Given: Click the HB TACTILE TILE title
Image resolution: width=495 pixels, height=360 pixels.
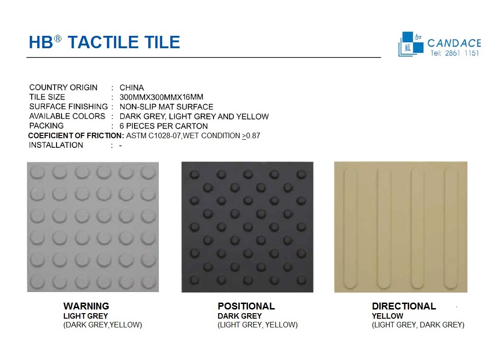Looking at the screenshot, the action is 105,42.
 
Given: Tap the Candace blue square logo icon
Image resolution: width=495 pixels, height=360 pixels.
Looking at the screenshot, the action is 411,44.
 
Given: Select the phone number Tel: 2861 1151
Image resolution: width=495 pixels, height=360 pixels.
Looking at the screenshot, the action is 455,53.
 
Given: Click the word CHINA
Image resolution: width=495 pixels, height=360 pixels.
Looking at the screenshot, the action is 132,87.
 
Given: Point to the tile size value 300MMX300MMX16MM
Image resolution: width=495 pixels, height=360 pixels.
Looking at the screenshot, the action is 161,97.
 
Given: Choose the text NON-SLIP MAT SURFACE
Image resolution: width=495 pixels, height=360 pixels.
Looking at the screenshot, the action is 166,107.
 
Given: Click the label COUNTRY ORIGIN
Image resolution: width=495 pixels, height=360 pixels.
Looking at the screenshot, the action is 63,87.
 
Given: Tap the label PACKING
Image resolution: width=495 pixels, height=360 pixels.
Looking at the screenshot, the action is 46,126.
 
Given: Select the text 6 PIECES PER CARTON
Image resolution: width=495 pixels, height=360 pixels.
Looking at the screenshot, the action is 163,126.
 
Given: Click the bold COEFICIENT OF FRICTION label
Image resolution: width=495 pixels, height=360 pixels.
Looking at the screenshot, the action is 76,135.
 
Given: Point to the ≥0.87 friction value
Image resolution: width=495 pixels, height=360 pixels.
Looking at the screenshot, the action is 251,136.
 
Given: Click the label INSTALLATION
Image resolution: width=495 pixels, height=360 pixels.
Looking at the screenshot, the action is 56,145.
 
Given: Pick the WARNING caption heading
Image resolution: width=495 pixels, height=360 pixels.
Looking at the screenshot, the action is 86,306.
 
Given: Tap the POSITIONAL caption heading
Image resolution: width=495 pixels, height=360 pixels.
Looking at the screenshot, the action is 246,306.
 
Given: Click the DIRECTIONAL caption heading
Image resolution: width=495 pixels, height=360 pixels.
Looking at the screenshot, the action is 404,306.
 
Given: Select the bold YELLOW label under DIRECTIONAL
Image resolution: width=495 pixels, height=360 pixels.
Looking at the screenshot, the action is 388,316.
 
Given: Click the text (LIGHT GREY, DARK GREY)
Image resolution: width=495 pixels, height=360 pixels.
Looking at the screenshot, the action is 418,325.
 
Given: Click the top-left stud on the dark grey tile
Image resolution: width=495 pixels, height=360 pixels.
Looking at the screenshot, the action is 195,174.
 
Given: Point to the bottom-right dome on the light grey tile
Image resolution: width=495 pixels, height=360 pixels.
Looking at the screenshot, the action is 148,281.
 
